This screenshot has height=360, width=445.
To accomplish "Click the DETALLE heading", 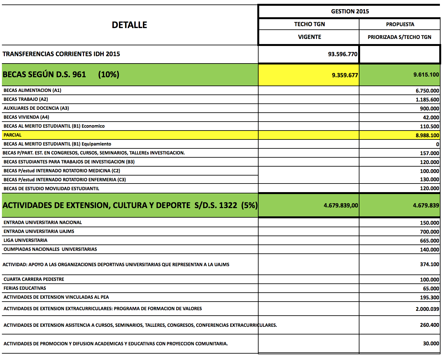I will [129, 25].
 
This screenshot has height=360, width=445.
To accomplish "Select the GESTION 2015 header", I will [350, 11].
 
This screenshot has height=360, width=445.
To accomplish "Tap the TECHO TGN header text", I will [309, 24].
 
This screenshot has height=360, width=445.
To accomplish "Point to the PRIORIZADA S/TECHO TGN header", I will [399, 37].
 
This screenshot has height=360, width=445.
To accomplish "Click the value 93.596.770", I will [343, 54].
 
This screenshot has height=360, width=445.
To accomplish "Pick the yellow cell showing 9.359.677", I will [345, 75].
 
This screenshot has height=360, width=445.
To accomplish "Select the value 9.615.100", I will [426, 75].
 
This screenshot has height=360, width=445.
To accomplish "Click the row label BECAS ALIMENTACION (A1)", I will [32, 90].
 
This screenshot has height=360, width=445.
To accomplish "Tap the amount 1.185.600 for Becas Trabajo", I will [427, 100].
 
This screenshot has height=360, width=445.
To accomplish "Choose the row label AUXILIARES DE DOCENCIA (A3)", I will [36, 108].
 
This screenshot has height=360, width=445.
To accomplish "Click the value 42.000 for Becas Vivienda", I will [431, 117].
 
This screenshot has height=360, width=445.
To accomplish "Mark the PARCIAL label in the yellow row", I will [12, 135].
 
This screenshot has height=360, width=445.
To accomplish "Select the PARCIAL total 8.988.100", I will [427, 135].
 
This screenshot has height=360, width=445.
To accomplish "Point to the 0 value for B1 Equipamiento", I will [437, 144].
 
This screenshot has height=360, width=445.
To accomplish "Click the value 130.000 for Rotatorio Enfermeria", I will [429, 180].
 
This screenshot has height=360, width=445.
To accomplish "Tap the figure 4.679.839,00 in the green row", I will [341, 206].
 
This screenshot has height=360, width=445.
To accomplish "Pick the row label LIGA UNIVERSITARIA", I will [25, 240].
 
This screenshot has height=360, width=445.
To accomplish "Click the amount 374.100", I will [429, 264].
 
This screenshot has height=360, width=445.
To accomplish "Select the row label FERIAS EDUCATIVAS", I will [25, 288].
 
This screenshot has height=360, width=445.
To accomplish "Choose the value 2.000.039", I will [427, 309].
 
